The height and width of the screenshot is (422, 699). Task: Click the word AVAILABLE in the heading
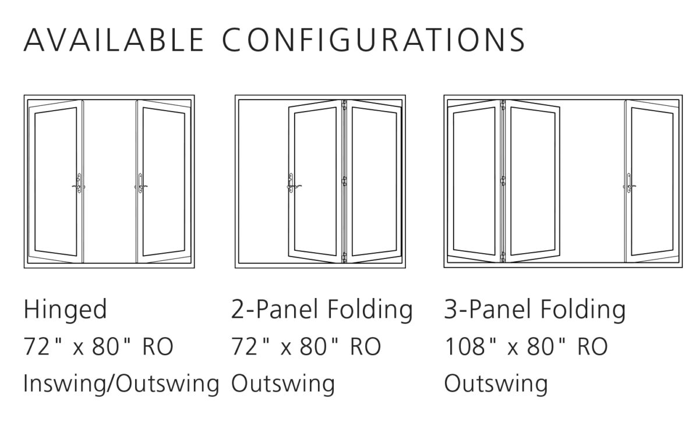coord(114,40)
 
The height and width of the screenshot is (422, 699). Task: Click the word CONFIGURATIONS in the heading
coord(373,40)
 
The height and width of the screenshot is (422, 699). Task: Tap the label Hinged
coord(65,310)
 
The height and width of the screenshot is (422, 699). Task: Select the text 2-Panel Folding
coord(322,310)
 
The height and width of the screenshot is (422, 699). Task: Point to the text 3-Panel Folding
coord(535,310)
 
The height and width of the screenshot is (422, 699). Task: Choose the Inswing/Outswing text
coord(121,384)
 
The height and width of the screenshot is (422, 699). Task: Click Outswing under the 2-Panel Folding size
coord(283,384)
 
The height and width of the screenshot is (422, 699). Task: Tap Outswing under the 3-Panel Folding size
coord(496,384)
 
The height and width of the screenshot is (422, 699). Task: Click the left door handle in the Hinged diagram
coord(79,183)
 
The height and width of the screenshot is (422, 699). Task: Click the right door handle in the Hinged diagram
coord(141,183)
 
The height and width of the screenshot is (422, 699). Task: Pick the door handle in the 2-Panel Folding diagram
coord(292,183)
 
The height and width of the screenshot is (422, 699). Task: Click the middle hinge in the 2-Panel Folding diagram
coord(344,181)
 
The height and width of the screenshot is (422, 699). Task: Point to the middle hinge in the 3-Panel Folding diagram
coord(503,180)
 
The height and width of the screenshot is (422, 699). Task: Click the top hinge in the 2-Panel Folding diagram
coord(344,105)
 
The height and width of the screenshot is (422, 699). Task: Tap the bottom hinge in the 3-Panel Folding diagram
coord(503,257)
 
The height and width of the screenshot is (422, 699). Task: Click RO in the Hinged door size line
coord(158,346)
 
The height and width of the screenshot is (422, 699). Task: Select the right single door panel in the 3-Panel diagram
coord(652,182)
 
